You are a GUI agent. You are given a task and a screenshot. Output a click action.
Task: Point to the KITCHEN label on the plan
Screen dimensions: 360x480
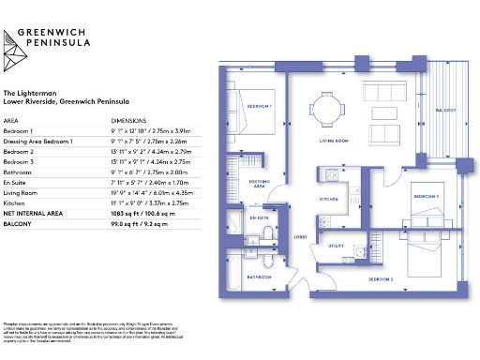point(327,200)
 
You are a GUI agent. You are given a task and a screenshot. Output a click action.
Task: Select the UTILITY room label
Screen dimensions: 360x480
point(334,247)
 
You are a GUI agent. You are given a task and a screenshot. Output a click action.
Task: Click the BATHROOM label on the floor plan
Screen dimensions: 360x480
point(259,277)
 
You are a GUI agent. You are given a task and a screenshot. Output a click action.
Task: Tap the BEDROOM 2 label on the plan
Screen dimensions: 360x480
point(381,280)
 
